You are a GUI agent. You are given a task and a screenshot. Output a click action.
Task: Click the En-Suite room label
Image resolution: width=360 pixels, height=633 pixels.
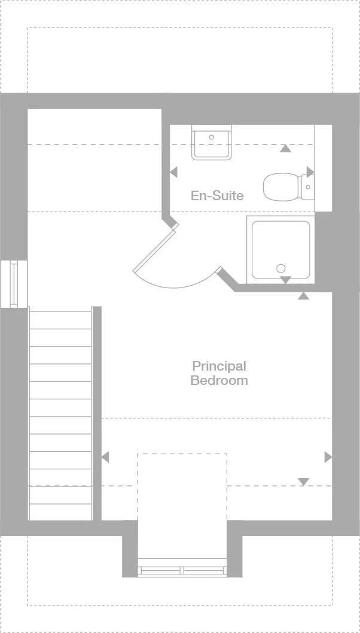[x=217, y=195]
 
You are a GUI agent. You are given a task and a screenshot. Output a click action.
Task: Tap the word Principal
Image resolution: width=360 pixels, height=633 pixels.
[x=219, y=366]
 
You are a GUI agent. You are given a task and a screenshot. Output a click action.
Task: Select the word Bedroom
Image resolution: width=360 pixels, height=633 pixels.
[x=219, y=381]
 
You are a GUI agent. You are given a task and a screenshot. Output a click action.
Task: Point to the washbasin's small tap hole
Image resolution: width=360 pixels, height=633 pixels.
[x=211, y=137]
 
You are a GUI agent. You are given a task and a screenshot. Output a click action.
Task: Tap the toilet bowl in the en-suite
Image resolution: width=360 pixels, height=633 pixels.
[x=282, y=187]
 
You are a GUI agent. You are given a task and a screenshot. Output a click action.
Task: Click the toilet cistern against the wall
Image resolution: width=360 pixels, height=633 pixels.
[x=307, y=187]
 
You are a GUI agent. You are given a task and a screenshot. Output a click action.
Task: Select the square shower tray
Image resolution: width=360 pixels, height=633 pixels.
[x=280, y=249]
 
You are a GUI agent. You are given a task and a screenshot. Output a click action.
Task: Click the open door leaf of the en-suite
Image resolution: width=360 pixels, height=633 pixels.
[x=155, y=249]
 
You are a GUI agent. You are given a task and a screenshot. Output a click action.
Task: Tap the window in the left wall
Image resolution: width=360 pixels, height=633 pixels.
[x=13, y=283]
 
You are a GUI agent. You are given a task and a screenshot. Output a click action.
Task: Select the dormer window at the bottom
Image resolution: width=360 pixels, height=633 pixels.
[x=182, y=568]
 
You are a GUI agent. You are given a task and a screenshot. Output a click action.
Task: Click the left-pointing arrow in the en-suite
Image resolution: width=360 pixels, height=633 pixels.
[x=173, y=172]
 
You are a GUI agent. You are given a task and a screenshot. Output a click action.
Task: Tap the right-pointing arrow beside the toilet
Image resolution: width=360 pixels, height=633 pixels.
[x=310, y=172]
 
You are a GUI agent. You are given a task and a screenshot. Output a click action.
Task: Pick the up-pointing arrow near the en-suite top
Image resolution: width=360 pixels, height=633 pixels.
[x=286, y=148]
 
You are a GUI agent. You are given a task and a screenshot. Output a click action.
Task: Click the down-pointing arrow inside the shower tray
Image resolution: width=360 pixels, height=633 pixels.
[x=286, y=280]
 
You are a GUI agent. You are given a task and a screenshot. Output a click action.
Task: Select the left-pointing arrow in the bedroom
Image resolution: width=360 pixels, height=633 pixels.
[x=105, y=457]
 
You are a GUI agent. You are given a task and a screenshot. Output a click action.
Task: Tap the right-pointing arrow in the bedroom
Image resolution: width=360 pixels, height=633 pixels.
[x=328, y=457]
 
